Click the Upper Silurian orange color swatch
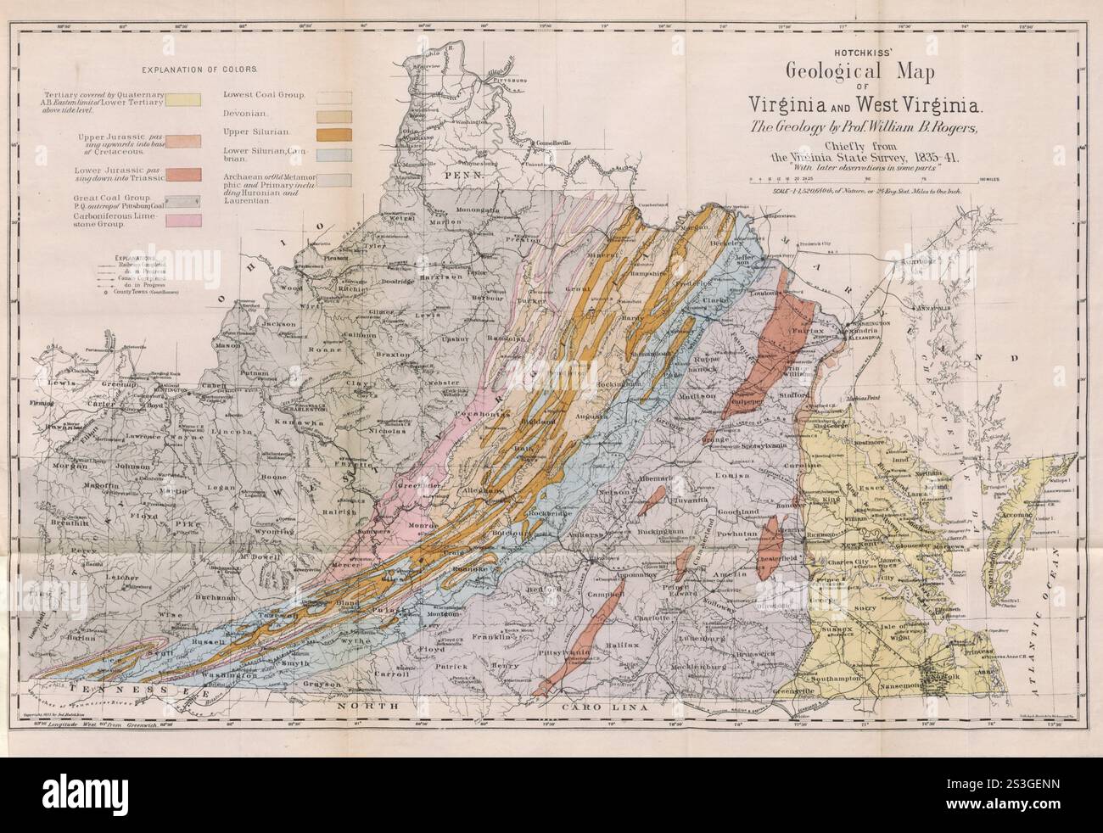(334, 133)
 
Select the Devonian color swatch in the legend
(334, 114)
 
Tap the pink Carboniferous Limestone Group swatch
(184, 221)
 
